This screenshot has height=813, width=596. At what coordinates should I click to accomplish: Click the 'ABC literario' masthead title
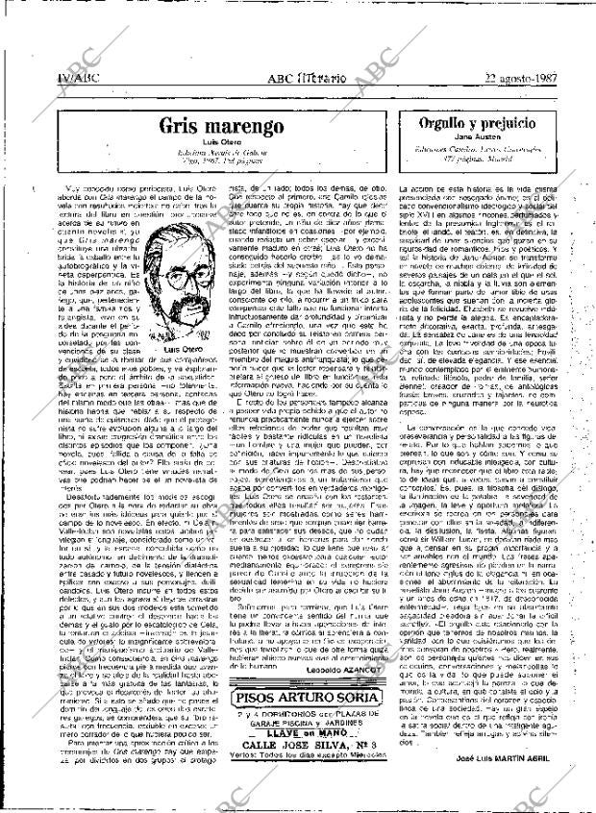click(x=288, y=79)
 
